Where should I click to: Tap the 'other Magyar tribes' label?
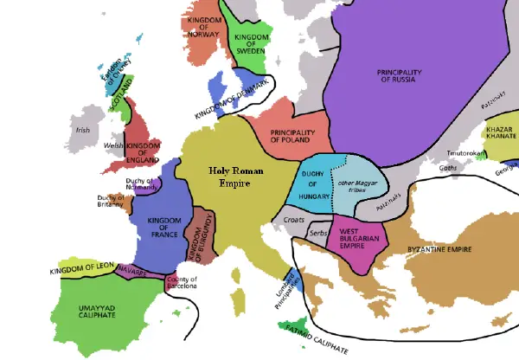point(358,188)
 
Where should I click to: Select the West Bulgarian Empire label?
point(355,237)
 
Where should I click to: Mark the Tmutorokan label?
point(462,153)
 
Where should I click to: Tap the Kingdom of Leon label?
point(82,270)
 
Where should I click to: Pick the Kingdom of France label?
point(163,226)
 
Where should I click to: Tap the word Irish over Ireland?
point(83,131)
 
